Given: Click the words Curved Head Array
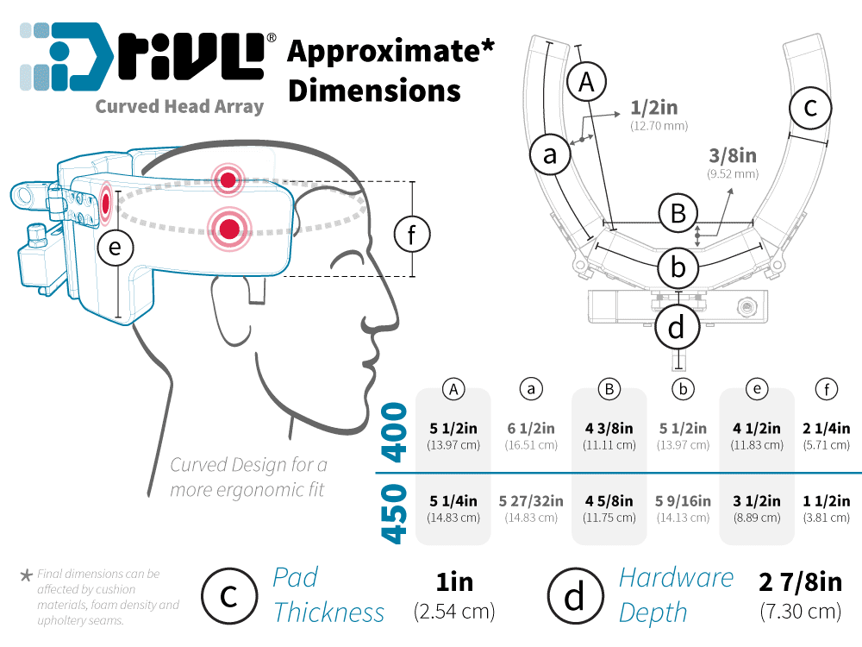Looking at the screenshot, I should (179, 107).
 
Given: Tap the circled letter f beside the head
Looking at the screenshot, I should (411, 234).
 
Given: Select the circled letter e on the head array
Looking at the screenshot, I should (116, 248).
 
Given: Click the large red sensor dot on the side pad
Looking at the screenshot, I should (229, 229).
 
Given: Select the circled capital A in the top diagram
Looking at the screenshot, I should (587, 83).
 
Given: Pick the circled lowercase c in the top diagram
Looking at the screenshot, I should (810, 109).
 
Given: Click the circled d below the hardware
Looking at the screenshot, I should (677, 327).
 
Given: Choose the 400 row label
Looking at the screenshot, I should (394, 433).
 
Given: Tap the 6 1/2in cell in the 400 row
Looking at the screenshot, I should (532, 428).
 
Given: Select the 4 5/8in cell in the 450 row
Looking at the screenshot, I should (609, 501).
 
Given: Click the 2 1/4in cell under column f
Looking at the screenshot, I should (827, 428).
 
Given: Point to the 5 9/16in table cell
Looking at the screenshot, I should (684, 501).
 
